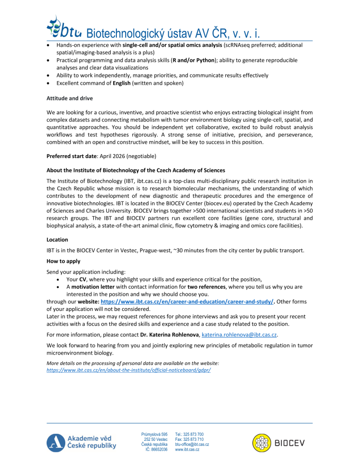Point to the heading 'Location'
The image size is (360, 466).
pyautogui.click(x=57, y=240)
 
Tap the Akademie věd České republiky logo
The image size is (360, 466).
pyautogui.click(x=81, y=442)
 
